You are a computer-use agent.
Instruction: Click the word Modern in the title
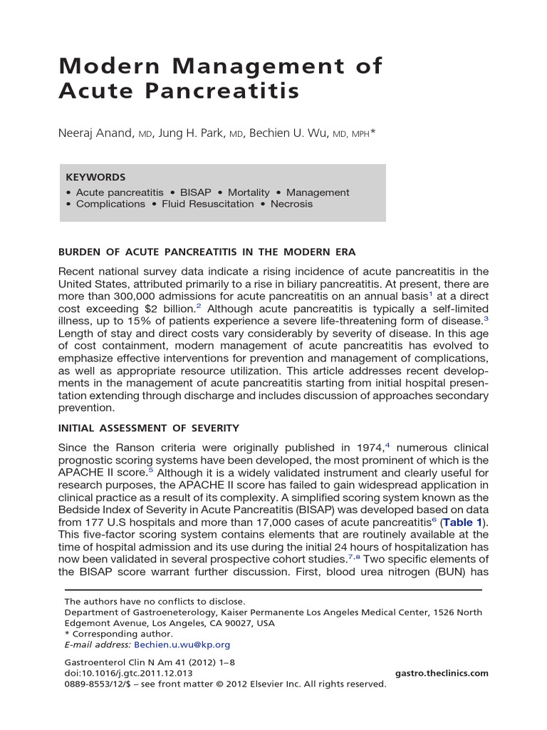coord(101,66)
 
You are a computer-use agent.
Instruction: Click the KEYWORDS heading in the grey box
coord(95,178)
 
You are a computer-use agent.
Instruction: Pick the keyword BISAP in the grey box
coord(196,192)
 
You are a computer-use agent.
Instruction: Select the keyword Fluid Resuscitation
coord(207,204)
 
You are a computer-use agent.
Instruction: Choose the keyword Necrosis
coord(291,204)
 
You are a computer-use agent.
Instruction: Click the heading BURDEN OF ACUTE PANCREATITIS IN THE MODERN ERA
coord(207,252)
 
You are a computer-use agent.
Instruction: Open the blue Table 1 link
coord(463,523)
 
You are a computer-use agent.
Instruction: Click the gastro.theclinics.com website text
coord(441,673)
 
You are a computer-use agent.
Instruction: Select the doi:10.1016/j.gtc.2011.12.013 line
coord(128,673)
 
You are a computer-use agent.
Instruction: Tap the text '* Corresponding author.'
coord(118,634)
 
